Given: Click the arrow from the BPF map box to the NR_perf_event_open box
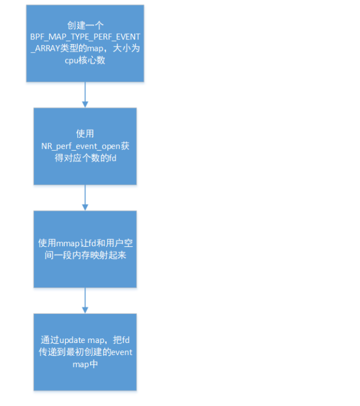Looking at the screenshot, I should click(85, 94).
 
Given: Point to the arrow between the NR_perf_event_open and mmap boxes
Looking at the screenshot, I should click(85, 198).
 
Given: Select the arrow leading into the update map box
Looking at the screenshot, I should click(85, 301).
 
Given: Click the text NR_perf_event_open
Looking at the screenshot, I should click(79, 146).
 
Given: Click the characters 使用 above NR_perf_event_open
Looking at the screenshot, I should click(85, 134).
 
